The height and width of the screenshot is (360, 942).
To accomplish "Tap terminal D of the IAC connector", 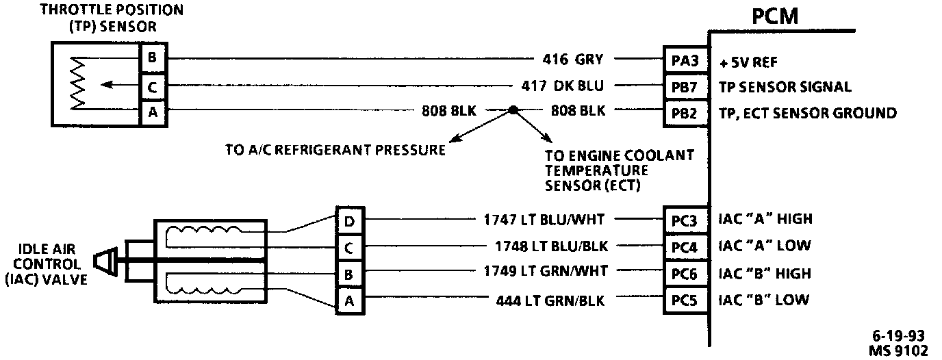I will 348,220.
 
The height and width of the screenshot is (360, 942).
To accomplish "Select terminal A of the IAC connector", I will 348,300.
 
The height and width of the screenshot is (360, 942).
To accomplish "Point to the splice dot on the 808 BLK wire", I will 512,110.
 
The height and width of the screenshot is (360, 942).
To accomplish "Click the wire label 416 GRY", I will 572,60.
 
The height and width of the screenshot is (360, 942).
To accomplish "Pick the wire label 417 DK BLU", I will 562,87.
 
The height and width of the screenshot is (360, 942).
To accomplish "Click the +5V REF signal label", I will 750,61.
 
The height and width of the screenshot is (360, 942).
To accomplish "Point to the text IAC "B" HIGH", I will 765,274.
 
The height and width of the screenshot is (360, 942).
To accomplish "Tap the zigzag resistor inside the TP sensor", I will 77,83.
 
